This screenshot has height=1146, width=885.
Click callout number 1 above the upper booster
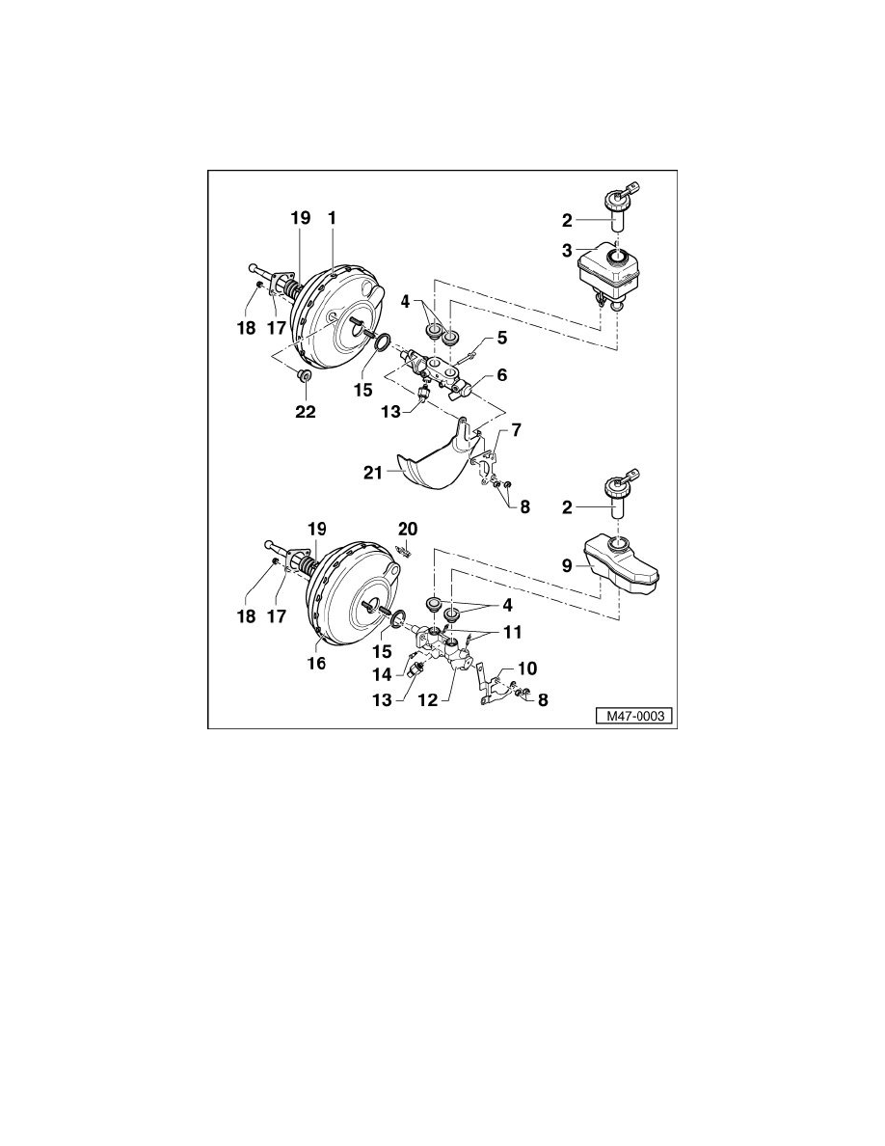332,220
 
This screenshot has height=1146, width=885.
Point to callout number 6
501,373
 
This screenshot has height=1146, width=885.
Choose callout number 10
527,668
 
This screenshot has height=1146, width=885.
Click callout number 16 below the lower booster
316,664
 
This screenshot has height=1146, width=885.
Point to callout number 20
408,529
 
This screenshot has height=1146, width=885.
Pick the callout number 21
374,472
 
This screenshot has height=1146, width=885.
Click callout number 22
305,411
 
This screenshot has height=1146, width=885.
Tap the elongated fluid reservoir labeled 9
624,570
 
